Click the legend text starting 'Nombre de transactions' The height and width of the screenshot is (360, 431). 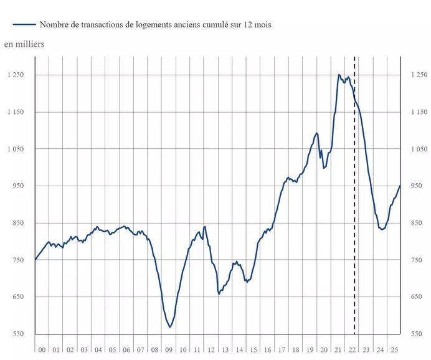(155, 25)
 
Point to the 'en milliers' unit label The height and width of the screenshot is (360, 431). (24, 44)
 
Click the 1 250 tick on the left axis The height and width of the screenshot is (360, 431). (14, 75)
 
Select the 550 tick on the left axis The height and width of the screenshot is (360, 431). (18, 334)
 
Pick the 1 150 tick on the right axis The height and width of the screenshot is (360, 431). (418, 112)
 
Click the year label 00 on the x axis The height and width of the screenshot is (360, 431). (42, 351)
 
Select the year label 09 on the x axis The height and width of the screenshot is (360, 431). (169, 351)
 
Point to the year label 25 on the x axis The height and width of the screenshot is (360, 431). (394, 351)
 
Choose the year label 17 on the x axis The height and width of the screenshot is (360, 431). (282, 351)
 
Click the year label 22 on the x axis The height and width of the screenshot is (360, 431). (352, 351)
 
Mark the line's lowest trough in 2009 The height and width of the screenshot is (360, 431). (169, 327)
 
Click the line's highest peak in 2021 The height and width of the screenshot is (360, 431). (339, 75)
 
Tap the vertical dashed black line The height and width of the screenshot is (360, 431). (354, 187)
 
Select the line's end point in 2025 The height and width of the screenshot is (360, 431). (400, 186)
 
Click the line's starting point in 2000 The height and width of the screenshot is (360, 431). (35, 260)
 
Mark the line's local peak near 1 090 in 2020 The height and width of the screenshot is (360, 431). (317, 133)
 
